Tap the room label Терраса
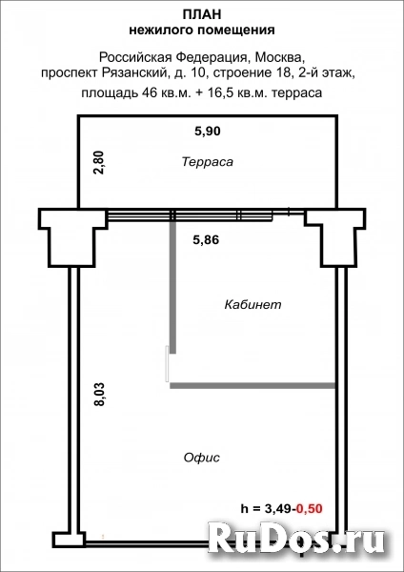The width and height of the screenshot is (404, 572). pos(207,162)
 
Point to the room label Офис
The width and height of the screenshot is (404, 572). pos(201,458)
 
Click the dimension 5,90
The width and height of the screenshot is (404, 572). pos(207,130)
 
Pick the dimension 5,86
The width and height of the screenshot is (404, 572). pos(207,240)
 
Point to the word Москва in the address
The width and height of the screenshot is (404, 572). pos(278,56)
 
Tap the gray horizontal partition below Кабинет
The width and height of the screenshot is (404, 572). pos(252,385)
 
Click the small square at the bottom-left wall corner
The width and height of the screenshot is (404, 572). pos(64,541)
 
